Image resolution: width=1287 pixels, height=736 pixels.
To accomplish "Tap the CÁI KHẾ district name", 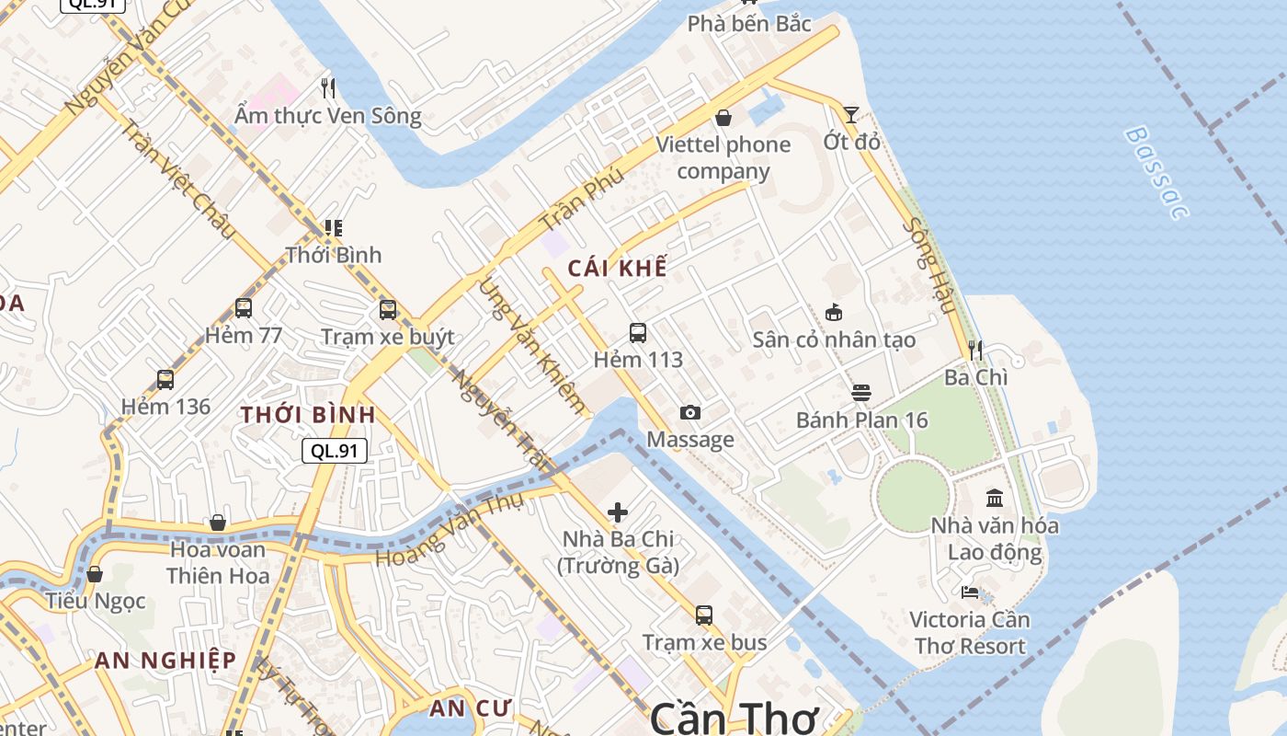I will [x=617, y=268].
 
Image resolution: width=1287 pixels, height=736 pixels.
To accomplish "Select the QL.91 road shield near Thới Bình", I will [x=335, y=450].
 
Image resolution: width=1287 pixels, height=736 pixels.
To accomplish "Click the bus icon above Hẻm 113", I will [x=638, y=333].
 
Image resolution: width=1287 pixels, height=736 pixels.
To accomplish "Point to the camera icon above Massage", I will [x=690, y=413].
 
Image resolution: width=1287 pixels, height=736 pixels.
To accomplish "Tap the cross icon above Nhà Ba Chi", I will [x=618, y=512].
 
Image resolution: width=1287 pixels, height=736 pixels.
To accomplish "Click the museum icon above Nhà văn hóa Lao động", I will [x=995, y=499].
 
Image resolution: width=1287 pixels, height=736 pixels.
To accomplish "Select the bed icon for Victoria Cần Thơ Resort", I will [x=969, y=592].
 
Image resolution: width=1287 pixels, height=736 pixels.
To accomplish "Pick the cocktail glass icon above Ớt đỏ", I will [x=851, y=115].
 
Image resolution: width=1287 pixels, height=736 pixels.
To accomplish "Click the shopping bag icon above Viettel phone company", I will [x=723, y=118].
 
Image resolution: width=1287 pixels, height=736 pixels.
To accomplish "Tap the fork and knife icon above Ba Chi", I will [x=975, y=351].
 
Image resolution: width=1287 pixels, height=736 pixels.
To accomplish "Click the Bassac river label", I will [x=1156, y=173].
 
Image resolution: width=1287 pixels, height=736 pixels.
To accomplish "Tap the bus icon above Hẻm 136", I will [x=165, y=379].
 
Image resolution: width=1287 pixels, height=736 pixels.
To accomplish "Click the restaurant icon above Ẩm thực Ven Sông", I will [x=328, y=88].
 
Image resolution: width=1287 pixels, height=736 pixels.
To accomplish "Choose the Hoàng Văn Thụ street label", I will [x=450, y=531].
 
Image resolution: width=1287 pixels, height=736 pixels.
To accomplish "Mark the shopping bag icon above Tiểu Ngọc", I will [x=95, y=574].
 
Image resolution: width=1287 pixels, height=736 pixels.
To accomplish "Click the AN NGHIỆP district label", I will [x=165, y=661].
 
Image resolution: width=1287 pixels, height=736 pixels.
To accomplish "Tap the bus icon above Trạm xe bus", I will [x=704, y=615].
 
